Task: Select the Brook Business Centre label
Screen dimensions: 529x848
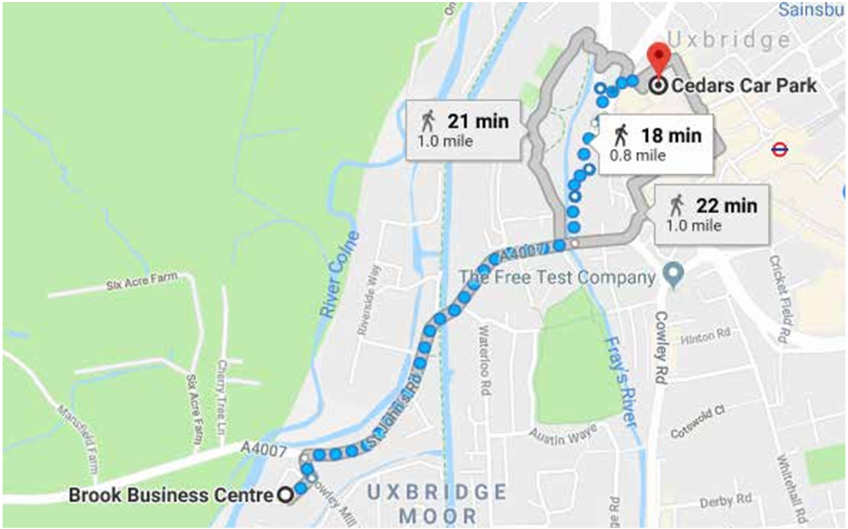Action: (169, 495)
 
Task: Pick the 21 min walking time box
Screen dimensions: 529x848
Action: (466, 129)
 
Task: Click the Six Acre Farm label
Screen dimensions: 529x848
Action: (142, 282)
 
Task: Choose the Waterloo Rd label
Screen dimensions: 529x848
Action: (485, 360)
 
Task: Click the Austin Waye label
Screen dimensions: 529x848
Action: (554, 435)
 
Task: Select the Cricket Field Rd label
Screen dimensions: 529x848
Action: (780, 298)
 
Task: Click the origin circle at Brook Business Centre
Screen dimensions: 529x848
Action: (285, 496)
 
